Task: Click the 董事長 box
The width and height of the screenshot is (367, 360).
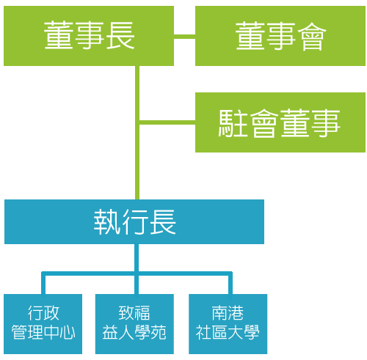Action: [x=89, y=36]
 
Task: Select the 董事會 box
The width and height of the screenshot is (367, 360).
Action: [x=280, y=36]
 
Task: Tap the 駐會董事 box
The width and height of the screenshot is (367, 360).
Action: [x=280, y=122]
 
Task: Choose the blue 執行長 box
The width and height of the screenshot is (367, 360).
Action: [x=134, y=221]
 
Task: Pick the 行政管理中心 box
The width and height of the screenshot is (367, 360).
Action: [x=43, y=324]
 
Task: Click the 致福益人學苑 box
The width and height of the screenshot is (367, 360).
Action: [x=134, y=324]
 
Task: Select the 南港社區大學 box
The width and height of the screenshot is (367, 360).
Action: [x=228, y=324]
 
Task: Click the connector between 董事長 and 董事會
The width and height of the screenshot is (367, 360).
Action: [x=184, y=37]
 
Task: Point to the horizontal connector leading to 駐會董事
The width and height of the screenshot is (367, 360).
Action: [x=167, y=122]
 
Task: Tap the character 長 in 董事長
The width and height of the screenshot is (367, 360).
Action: [x=121, y=36]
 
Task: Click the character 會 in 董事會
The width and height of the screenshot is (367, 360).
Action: [x=312, y=36]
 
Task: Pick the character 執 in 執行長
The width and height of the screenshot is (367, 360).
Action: [x=107, y=222]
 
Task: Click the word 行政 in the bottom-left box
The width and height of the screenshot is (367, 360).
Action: [x=43, y=313]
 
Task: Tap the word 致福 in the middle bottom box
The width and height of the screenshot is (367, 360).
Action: [x=134, y=313]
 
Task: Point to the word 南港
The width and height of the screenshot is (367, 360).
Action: [x=228, y=313]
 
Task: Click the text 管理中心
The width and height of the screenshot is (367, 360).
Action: [x=43, y=332]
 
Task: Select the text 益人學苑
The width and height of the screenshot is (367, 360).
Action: [x=134, y=332]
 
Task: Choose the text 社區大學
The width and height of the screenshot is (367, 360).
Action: [x=228, y=332]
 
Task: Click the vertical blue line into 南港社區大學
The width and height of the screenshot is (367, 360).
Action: [x=230, y=284]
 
